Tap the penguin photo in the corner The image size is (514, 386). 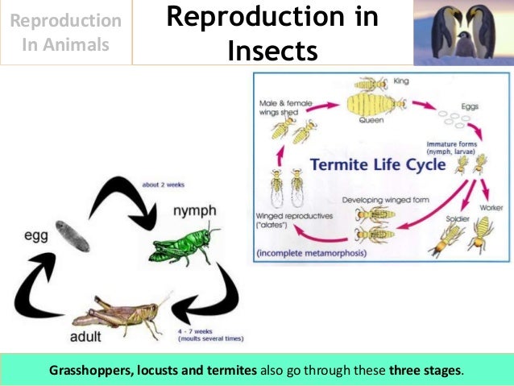pyautogui.click(x=463, y=32)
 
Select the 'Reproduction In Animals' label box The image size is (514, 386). pyautogui.click(x=66, y=32)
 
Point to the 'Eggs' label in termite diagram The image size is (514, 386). pyautogui.click(x=469, y=106)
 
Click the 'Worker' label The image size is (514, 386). pyautogui.click(x=491, y=208)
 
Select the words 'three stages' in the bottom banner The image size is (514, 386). pyautogui.click(x=425, y=371)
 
